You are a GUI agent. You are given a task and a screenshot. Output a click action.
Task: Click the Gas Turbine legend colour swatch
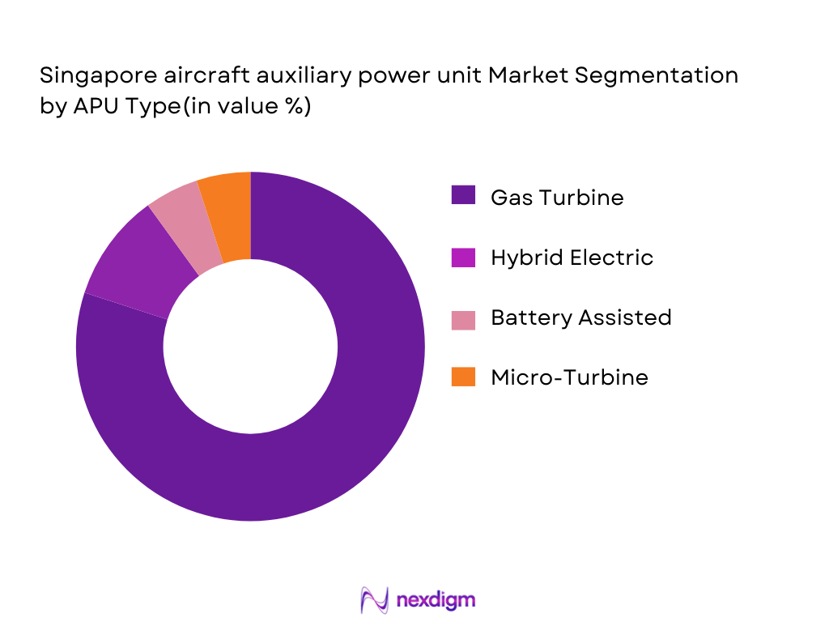pos(463,196)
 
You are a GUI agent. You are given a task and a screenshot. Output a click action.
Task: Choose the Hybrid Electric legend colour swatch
pos(463,257)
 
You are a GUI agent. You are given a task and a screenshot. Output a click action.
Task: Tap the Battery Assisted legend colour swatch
pos(463,317)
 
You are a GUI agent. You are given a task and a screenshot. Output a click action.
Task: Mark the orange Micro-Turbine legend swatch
pos(463,377)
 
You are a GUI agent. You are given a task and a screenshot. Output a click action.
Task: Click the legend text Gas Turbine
pos(557,197)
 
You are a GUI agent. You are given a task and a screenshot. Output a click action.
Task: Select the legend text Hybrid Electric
pos(572,258)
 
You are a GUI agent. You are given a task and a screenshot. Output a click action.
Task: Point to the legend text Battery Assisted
pos(580,317)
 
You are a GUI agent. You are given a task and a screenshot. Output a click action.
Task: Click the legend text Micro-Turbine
pos(569,377)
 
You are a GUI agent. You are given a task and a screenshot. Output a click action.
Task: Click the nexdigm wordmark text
pos(436,600)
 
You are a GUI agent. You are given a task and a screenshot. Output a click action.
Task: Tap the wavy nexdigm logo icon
pos(375,600)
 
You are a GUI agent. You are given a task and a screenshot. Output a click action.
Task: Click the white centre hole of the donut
pos(250,346)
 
